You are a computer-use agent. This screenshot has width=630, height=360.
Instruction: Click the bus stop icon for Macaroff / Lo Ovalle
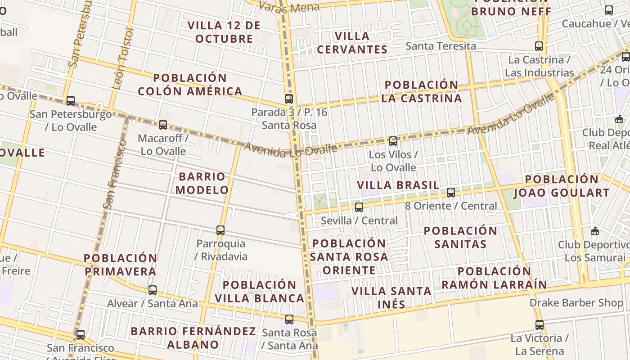pos(163,125)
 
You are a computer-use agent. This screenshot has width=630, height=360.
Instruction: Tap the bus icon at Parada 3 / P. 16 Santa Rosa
pos(289,99)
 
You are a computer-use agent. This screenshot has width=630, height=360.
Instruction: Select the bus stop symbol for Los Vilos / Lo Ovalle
pos(393,141)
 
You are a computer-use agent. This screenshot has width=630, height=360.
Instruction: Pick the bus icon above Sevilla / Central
pos(359,207)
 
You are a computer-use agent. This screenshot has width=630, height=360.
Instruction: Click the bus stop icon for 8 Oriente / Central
pos(451,193)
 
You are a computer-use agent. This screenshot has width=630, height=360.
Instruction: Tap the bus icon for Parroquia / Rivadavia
pos(220,230)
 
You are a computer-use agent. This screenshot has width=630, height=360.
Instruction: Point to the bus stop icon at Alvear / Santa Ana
pos(153,290)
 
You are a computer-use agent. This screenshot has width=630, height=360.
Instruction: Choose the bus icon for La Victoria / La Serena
pos(540,324)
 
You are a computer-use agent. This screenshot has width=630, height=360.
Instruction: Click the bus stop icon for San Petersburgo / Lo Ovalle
pos(71,101)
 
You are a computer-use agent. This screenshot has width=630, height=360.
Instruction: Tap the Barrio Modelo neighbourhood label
pos(202,183)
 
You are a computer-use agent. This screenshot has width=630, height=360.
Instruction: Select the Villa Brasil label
pos(398,185)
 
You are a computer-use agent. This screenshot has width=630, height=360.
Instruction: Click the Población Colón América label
pos(190,85)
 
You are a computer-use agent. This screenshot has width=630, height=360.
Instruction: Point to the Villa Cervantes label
pos(352,43)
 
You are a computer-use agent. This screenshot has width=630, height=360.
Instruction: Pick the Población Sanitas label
pos(460,238)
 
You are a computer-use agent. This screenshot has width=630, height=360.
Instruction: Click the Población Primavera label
pos(121,265)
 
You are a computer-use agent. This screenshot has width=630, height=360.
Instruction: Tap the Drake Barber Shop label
pos(576,302)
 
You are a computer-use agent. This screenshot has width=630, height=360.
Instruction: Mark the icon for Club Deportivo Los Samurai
pos(595,231)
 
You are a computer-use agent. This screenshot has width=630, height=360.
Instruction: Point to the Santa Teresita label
pos(441,46)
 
